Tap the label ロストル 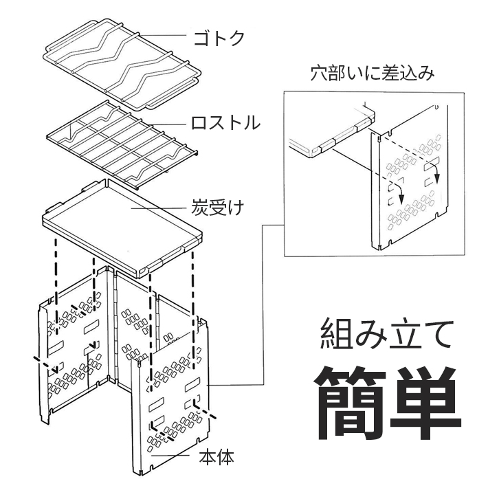tap(225, 124)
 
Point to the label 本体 tap(215, 457)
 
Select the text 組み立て tap(387, 335)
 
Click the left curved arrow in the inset tap(398, 193)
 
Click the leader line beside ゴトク tap(165, 35)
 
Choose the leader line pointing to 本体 tap(175, 454)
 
